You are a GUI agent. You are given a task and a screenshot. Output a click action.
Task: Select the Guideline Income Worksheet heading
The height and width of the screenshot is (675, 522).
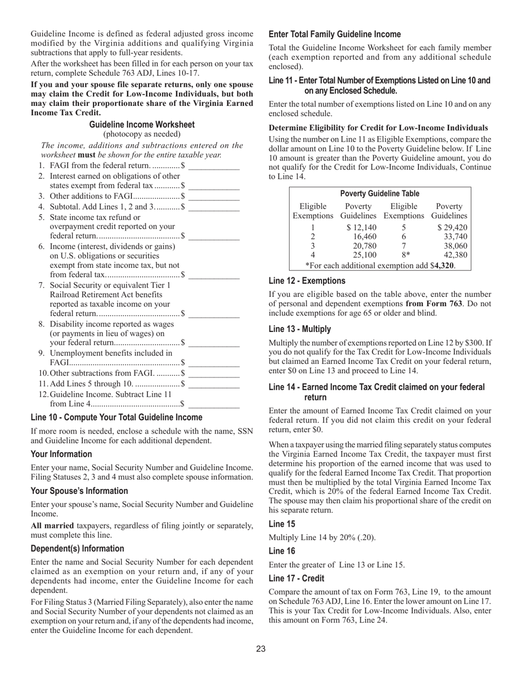(x=142, y=125)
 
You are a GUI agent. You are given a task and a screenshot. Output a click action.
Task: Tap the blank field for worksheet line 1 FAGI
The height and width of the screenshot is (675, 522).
(x=214, y=166)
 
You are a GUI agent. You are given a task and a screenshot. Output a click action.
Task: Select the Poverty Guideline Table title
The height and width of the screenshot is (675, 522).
(x=380, y=194)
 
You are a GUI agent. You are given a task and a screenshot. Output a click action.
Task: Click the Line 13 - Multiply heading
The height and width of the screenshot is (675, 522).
(x=300, y=329)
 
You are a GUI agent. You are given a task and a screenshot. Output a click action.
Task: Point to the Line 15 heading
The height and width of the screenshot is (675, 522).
(x=282, y=524)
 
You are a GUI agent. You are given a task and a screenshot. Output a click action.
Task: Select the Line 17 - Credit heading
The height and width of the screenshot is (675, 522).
(x=296, y=578)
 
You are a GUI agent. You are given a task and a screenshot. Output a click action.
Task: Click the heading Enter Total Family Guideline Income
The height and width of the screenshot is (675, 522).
(x=335, y=34)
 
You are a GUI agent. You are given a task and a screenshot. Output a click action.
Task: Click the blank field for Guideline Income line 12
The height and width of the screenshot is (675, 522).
(x=214, y=404)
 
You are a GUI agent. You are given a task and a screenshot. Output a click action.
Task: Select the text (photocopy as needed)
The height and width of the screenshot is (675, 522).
(x=142, y=134)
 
